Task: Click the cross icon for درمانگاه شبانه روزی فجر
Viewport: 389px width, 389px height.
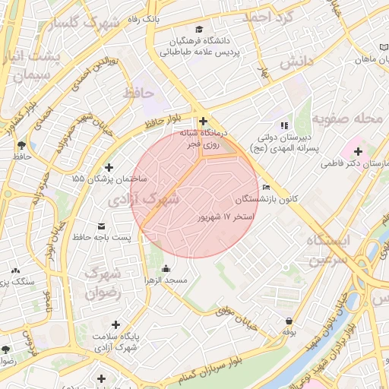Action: [x=203, y=121]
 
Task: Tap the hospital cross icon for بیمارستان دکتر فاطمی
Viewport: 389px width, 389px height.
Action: [x=358, y=151]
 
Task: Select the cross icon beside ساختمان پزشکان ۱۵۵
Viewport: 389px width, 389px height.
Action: [x=109, y=167]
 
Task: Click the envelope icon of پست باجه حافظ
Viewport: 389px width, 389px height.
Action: [x=102, y=226]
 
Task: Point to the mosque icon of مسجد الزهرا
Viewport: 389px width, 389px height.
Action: [x=166, y=268]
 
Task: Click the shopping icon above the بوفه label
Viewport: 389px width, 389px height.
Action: [x=289, y=321]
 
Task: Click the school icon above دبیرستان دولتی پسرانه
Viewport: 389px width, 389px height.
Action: [x=284, y=125]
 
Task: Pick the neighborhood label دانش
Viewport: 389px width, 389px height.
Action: [x=296, y=62]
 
